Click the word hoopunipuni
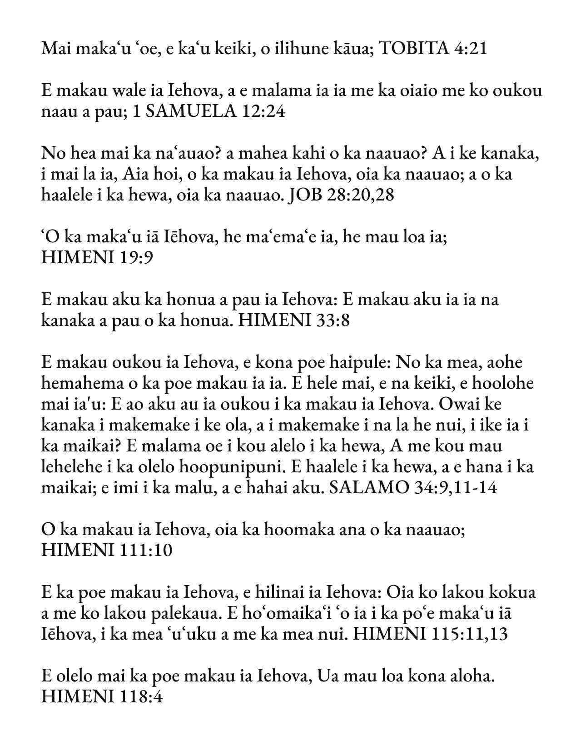255,467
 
